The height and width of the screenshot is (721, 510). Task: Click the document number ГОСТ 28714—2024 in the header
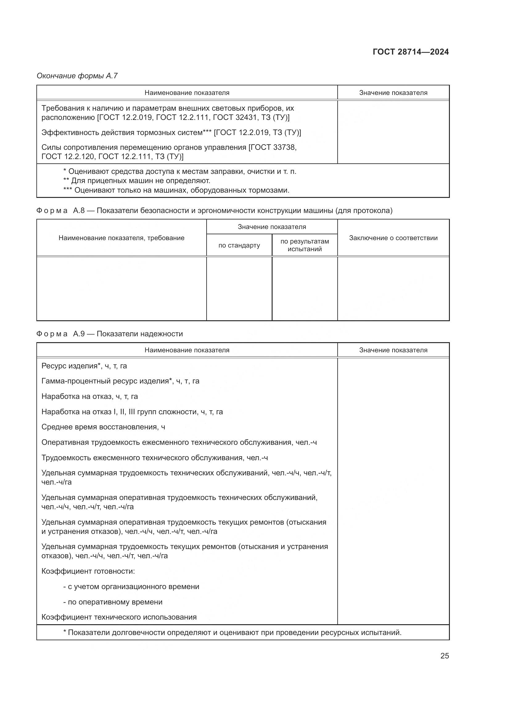(x=411, y=52)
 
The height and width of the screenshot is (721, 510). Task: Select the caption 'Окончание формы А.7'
(x=77, y=76)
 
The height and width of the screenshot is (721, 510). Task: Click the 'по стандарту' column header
(x=239, y=245)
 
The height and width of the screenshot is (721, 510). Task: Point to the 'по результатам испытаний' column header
(x=305, y=245)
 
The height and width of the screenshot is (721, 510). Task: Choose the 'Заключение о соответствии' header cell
(x=393, y=238)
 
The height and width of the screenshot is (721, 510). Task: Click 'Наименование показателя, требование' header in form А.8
(x=121, y=238)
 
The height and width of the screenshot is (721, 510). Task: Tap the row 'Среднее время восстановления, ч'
(x=103, y=427)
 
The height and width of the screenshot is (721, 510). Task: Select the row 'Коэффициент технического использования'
(x=119, y=617)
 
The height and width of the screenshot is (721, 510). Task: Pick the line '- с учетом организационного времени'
(x=131, y=587)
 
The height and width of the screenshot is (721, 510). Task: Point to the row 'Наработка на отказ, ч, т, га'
(x=89, y=396)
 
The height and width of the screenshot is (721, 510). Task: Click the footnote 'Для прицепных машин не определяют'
(x=137, y=181)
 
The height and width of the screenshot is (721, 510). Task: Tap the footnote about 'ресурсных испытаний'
(x=232, y=633)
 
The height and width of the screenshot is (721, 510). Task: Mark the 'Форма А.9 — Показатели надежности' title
(x=109, y=334)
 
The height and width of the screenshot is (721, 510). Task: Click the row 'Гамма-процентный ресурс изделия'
(x=120, y=381)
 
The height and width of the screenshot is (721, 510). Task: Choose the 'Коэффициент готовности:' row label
(x=88, y=571)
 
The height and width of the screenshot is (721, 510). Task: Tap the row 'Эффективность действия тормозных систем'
(x=171, y=133)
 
